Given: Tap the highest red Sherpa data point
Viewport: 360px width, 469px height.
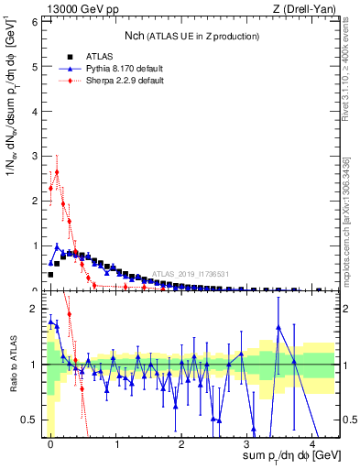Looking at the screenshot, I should [57, 171].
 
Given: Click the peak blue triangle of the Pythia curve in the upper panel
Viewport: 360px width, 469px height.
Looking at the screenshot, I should [57, 245].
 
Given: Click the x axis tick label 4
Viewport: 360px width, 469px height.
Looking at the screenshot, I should [312, 444].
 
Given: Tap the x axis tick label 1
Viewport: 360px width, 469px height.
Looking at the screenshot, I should [116, 444].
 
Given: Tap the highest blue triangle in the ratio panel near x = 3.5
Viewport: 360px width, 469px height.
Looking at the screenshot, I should [278, 327].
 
